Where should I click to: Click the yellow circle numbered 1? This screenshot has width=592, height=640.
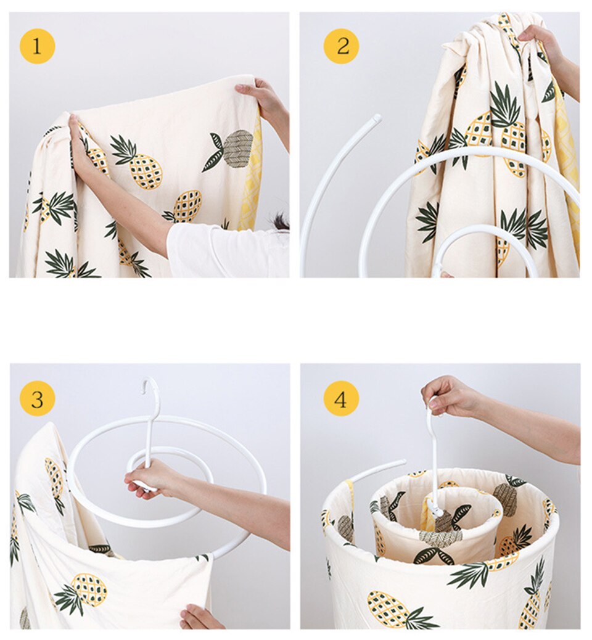(37, 46)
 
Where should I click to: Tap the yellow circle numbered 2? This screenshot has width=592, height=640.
(341, 46)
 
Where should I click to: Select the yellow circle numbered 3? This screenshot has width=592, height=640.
(37, 399)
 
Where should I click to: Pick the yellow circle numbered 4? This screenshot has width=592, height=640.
(341, 399)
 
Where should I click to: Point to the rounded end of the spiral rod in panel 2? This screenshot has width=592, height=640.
(376, 119)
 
